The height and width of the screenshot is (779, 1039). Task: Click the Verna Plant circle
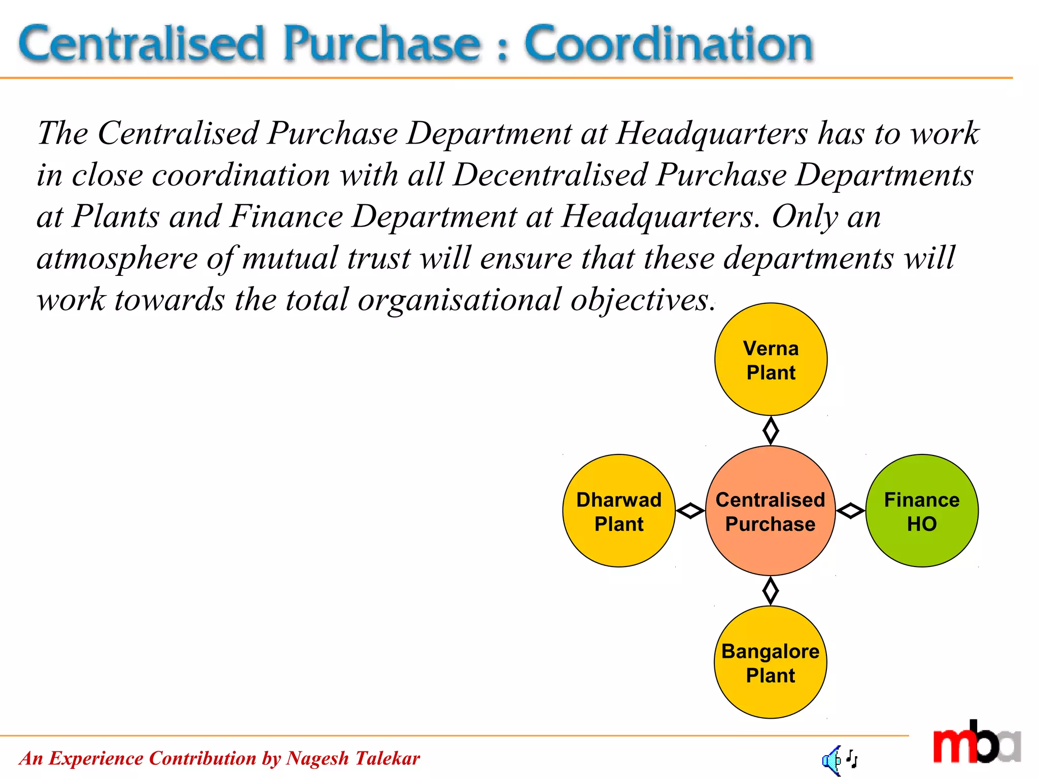click(771, 359)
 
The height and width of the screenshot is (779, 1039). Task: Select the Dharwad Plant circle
click(619, 511)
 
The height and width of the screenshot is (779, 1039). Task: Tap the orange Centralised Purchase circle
click(770, 511)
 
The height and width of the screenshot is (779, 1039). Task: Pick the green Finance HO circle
click(922, 511)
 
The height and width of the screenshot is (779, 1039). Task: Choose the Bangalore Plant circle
click(770, 662)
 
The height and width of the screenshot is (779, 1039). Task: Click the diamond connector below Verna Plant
click(771, 431)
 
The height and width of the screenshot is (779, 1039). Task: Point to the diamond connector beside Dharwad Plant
click(690, 511)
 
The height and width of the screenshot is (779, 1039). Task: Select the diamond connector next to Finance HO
click(850, 511)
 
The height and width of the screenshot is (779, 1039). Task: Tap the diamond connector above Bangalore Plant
click(771, 591)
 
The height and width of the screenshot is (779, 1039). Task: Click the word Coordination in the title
click(669, 45)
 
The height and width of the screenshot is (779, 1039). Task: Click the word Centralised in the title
click(142, 45)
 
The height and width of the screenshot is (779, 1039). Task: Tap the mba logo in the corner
click(976, 742)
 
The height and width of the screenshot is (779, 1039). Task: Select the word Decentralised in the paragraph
click(550, 175)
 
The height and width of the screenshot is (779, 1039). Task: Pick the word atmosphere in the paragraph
click(117, 259)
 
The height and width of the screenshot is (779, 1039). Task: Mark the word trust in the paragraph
click(378, 259)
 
